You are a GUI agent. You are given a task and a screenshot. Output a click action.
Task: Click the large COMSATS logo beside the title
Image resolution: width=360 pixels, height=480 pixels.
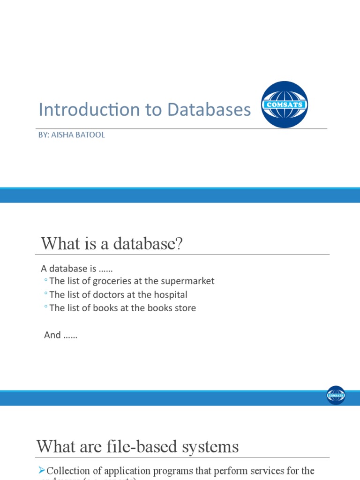(284, 105)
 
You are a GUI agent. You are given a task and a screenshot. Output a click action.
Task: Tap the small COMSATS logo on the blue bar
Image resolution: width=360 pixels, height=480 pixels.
(336, 395)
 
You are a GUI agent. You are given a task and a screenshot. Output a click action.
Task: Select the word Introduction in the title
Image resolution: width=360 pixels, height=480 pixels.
(89, 110)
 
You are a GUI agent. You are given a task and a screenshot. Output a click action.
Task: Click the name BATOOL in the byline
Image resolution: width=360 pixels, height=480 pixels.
(93, 135)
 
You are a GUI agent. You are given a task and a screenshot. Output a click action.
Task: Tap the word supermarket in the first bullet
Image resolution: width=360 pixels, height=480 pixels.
(187, 281)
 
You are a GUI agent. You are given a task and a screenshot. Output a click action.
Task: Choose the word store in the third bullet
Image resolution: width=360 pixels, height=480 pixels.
(185, 308)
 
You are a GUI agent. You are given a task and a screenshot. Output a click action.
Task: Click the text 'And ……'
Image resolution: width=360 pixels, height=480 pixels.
(60, 335)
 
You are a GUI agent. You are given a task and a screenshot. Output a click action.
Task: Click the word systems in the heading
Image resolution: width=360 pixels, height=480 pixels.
(213, 446)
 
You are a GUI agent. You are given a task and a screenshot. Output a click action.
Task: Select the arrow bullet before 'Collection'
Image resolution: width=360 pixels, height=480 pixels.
(42, 470)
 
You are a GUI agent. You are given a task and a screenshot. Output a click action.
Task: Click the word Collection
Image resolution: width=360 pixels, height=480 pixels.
(68, 471)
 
